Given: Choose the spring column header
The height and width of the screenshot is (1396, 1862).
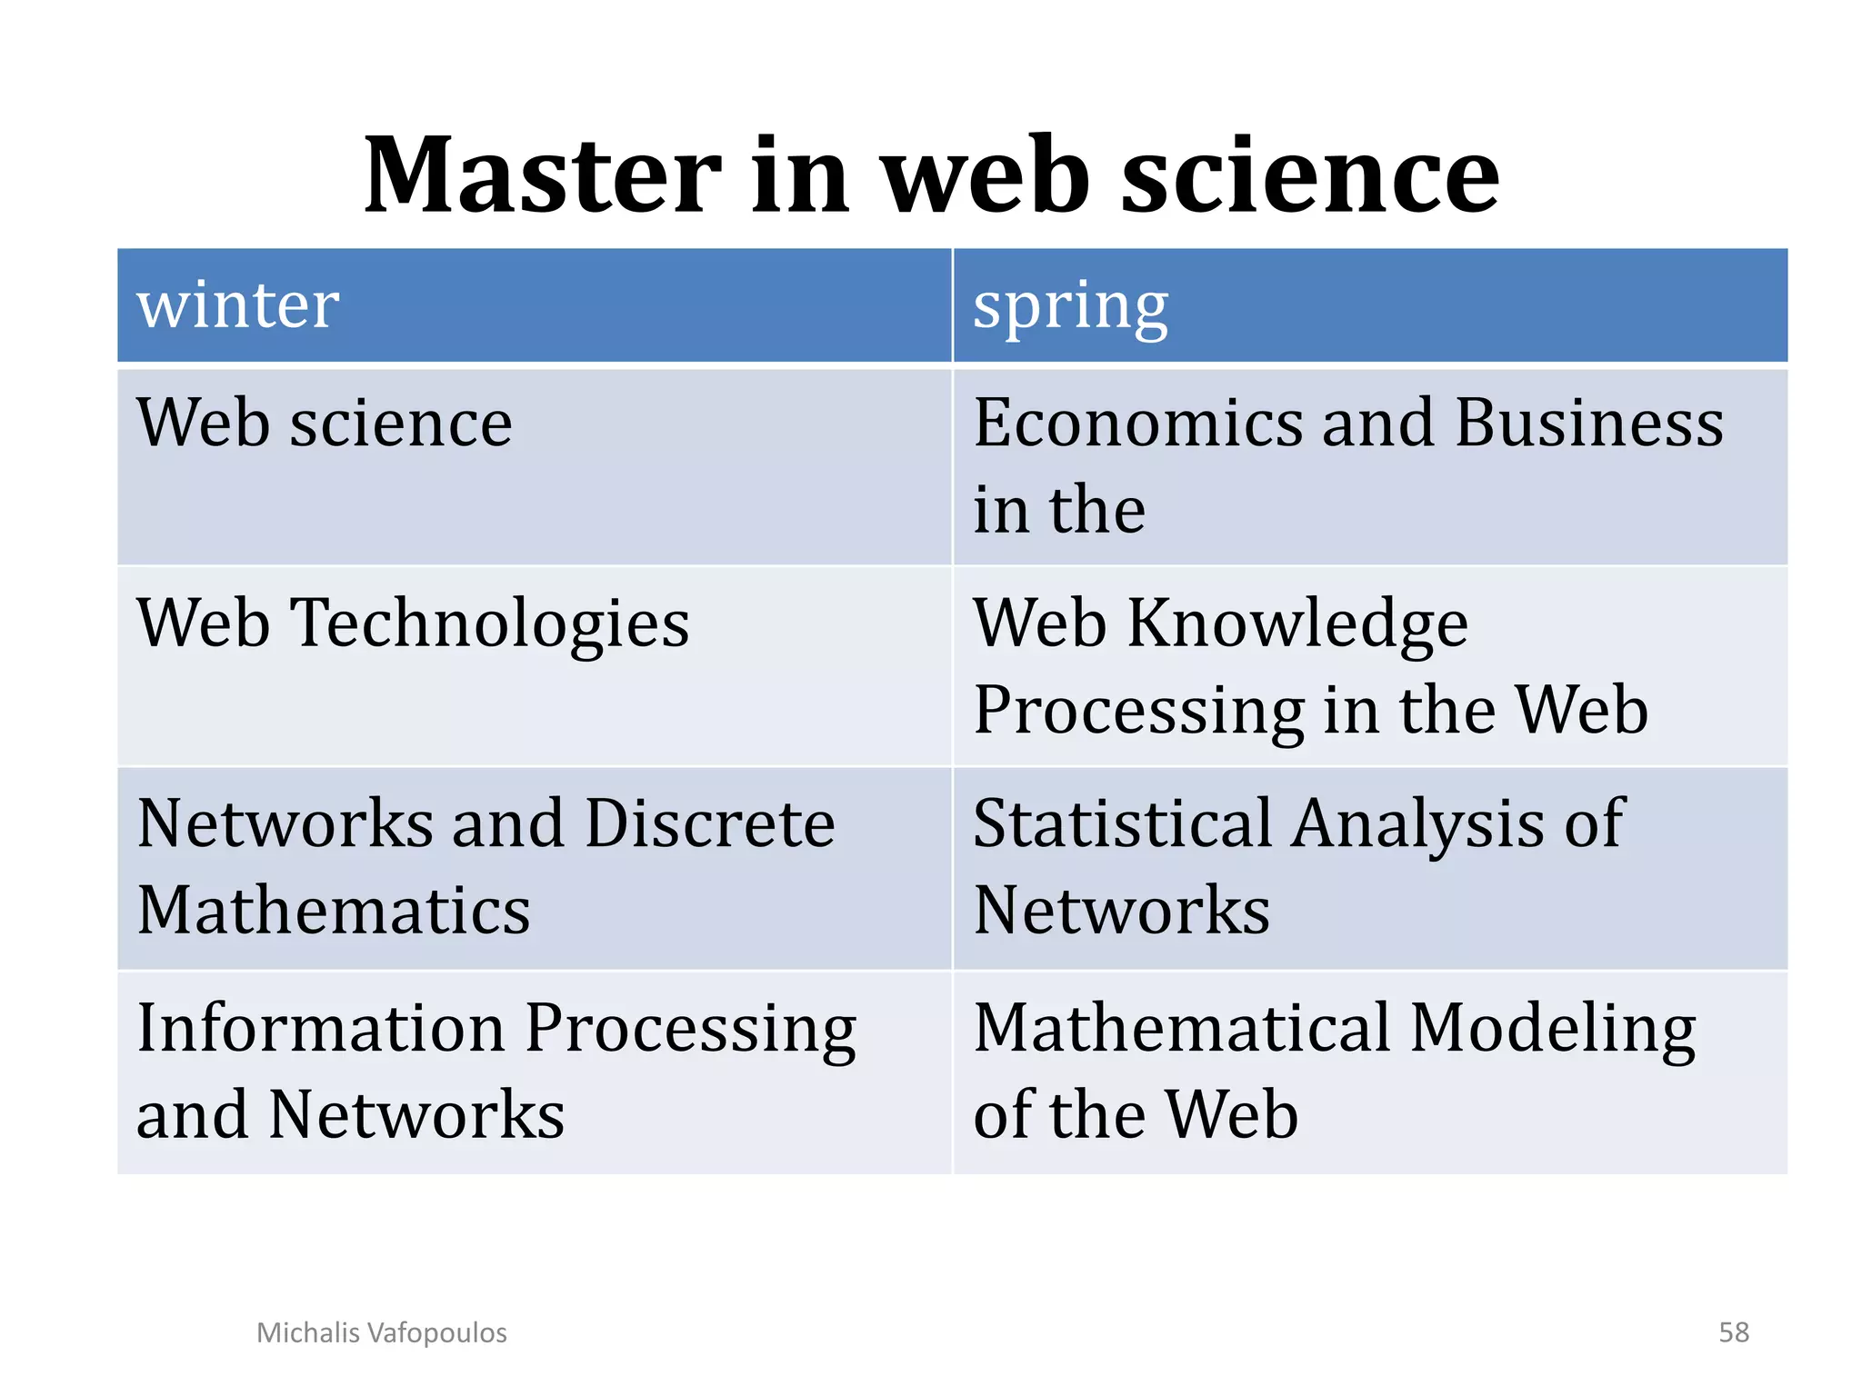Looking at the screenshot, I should coord(1070,306).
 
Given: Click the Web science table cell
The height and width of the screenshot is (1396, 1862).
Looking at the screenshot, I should coord(325,424).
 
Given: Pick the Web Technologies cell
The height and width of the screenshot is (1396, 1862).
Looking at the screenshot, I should coord(413,623).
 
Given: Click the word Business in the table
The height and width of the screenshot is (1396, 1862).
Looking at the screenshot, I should coord(1588,424).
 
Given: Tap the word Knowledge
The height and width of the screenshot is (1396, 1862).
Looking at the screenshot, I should coord(1297,625).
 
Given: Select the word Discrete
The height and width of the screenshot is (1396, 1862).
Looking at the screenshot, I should coord(710,823).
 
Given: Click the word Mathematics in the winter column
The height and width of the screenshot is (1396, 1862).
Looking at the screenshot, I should coord(334,911).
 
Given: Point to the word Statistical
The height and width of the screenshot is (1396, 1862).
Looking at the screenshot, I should coord(1123,823).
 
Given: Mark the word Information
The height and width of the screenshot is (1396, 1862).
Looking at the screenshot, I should coord(321,1028).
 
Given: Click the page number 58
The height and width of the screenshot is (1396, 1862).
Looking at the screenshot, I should coord(1733,1332).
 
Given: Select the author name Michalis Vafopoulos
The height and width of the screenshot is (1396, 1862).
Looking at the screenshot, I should coord(382,1332).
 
